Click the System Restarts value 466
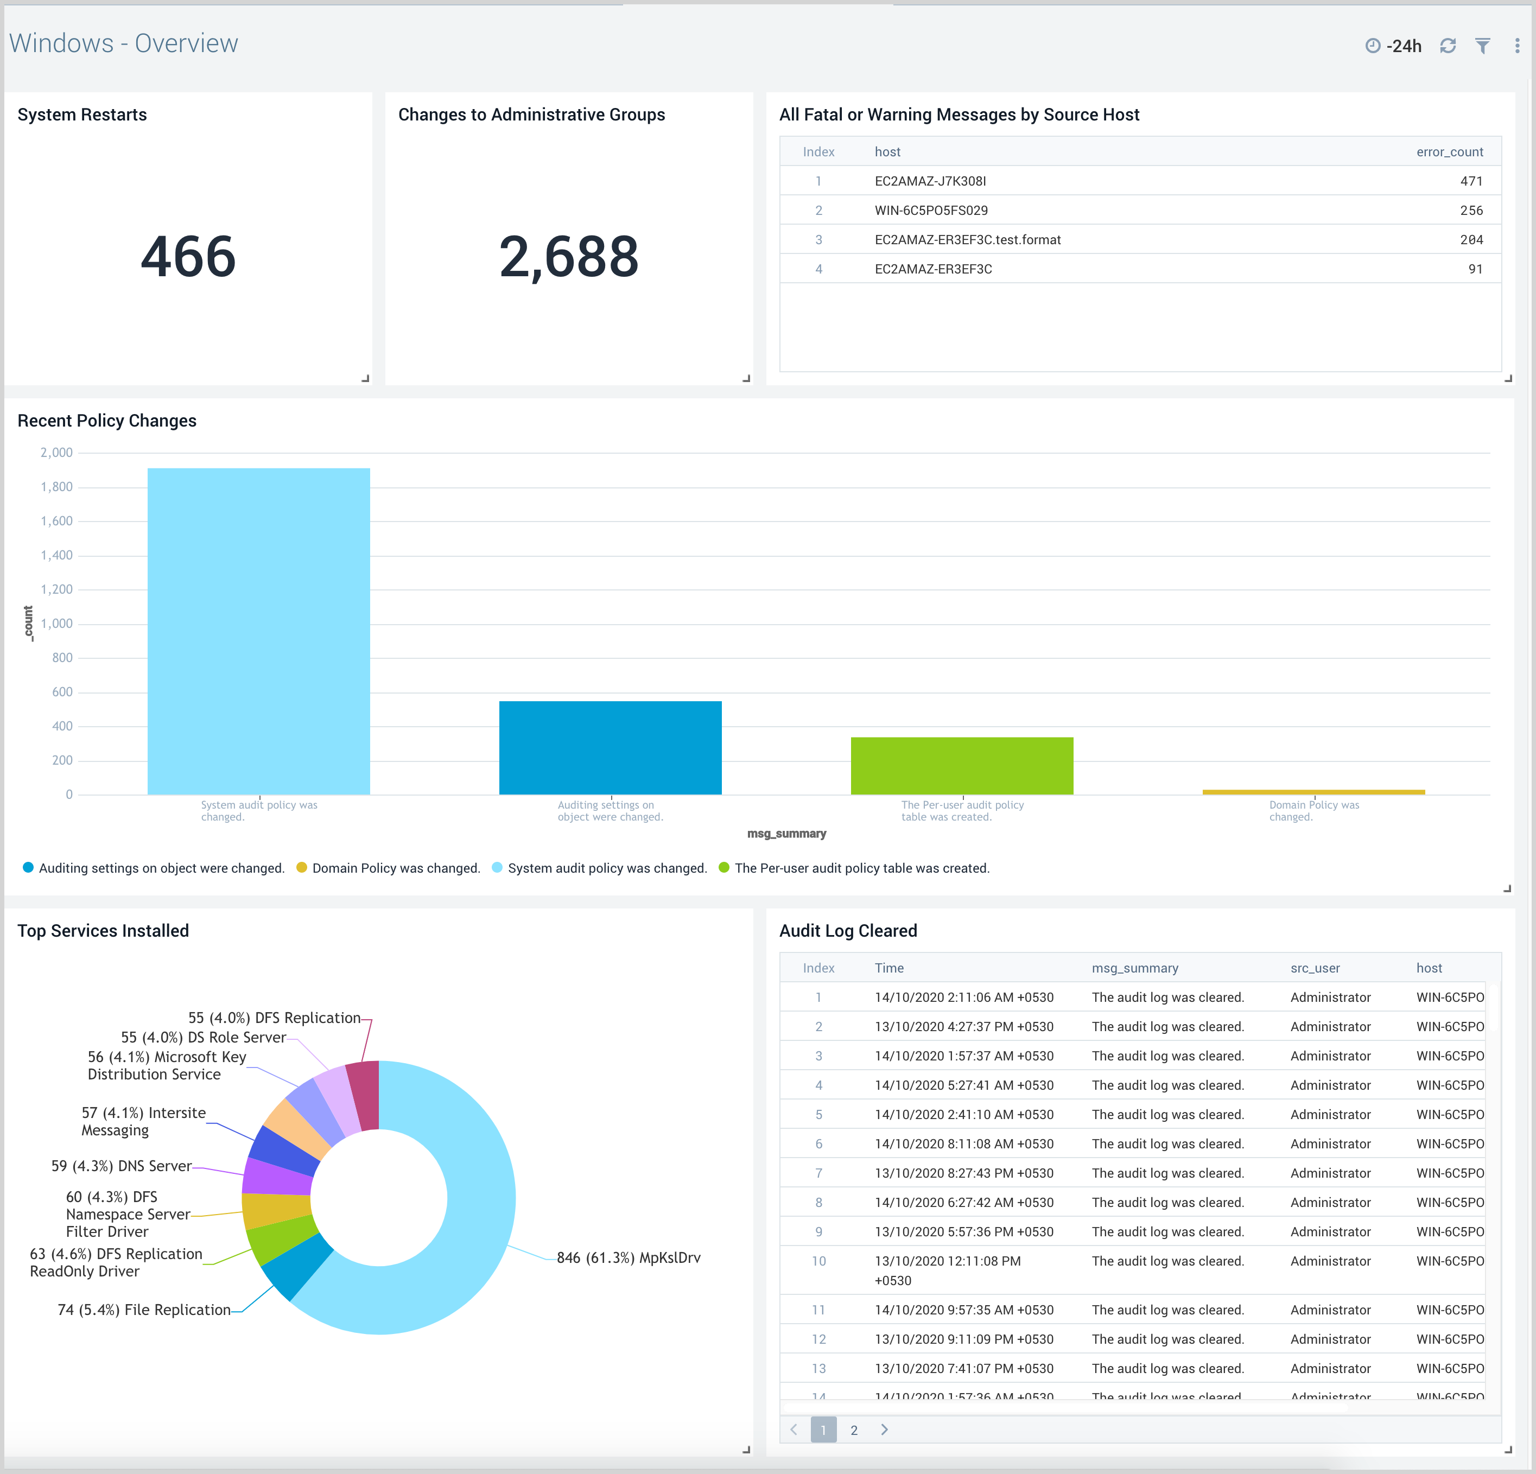point(188,257)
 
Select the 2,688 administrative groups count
point(569,257)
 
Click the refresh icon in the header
point(1448,46)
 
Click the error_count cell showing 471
point(1471,181)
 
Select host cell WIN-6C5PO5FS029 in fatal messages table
point(931,210)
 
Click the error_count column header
point(1449,152)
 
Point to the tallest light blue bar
point(258,631)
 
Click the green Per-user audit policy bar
point(962,766)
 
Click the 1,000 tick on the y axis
point(56,624)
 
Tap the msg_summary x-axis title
point(786,834)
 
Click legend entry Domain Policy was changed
point(396,868)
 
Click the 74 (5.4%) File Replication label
point(144,1310)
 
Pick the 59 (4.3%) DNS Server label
point(122,1166)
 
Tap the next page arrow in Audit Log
point(885,1430)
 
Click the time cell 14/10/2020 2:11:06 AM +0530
point(964,998)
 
